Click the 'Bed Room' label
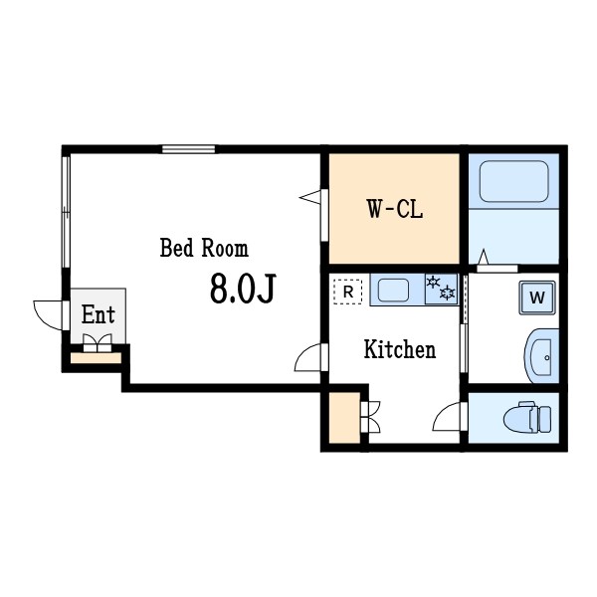tap(204, 248)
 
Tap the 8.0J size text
tap(243, 289)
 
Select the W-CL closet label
tap(395, 209)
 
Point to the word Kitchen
tap(400, 349)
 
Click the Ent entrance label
tap(98, 314)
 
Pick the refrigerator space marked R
tap(348, 292)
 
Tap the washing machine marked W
tap(537, 298)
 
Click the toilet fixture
tap(527, 417)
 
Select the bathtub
tap(514, 182)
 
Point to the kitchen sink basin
tap(393, 291)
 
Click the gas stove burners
tap(441, 289)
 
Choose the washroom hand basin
tap(541, 357)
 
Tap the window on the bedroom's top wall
tap(188, 149)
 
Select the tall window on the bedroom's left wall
tap(66, 212)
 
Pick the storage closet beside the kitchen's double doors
tap(344, 417)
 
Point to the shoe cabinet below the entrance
tap(96, 358)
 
